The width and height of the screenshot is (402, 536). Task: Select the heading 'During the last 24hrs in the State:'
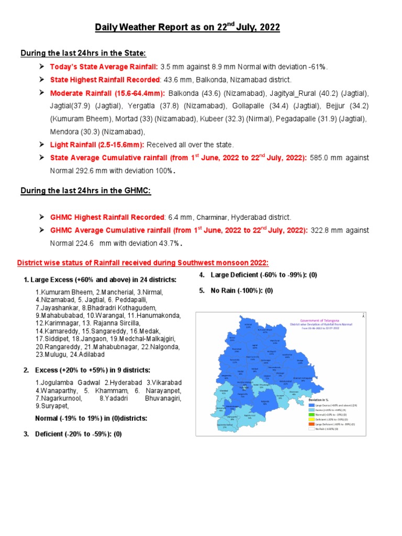point(83,53)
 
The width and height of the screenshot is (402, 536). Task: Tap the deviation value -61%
point(317,66)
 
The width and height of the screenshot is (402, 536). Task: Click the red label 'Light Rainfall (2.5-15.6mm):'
point(97,144)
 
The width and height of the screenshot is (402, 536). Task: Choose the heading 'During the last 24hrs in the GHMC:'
point(85,191)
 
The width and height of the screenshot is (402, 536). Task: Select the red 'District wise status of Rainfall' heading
point(143,263)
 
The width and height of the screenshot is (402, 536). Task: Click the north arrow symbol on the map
point(363,315)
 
